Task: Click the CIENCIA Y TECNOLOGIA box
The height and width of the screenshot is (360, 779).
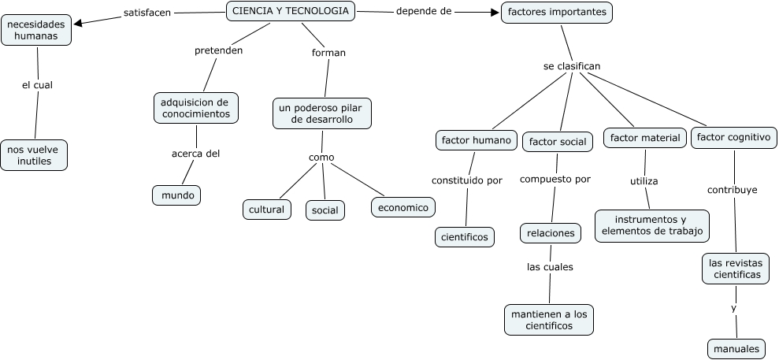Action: coord(291,11)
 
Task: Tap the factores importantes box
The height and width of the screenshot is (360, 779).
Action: coord(557,13)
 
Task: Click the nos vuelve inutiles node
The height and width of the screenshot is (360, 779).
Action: coord(35,154)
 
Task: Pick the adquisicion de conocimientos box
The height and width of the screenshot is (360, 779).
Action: coord(195,108)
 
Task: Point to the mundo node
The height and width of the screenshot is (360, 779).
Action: coord(176,195)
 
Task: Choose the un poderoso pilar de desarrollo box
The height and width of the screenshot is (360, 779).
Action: coord(321,113)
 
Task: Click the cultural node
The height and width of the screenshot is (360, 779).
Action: coord(266,210)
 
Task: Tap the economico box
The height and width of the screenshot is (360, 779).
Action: coord(402,207)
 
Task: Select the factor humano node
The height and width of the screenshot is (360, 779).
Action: coord(477,139)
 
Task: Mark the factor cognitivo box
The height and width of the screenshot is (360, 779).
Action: coord(733,138)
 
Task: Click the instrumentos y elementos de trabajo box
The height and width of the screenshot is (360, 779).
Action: coord(651,225)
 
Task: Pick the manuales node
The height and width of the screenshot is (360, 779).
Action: coord(736,348)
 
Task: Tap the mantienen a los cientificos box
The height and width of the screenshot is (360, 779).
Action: coord(549,320)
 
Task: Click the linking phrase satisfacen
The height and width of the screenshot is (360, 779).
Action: coord(147,13)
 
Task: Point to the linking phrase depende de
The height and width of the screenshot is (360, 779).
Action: coord(423,12)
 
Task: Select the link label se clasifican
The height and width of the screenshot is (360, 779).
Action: coord(572,66)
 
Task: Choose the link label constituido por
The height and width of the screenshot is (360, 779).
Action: coord(466,180)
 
